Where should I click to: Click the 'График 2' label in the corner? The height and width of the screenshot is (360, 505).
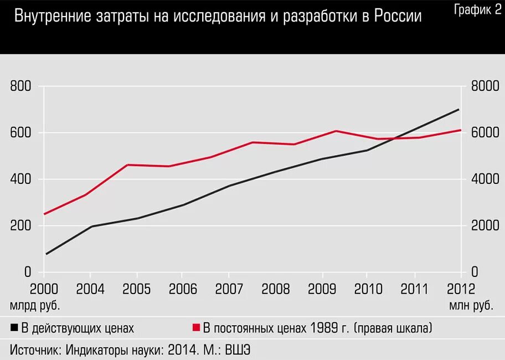[477, 9]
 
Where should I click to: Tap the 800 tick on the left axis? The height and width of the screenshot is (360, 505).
[20, 86]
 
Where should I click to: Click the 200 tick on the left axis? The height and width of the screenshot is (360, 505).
[20, 226]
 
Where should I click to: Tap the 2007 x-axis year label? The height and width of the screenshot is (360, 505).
[228, 289]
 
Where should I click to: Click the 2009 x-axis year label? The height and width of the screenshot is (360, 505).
[322, 289]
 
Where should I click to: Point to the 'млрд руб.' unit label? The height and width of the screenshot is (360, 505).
[34, 305]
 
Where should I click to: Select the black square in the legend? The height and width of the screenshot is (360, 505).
[14, 328]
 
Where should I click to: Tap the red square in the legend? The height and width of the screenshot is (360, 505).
[196, 328]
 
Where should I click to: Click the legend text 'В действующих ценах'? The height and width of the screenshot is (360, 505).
[78, 328]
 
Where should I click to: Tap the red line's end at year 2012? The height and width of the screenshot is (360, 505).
[460, 130]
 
